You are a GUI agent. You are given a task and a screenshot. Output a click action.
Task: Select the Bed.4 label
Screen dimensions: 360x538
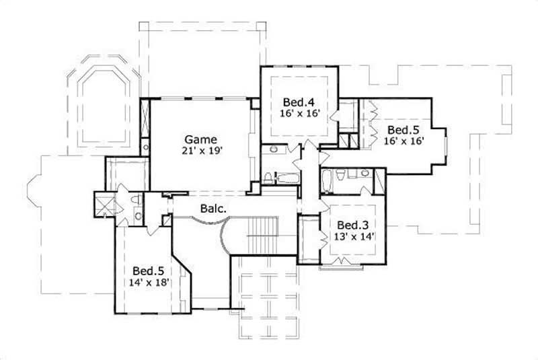[298, 102]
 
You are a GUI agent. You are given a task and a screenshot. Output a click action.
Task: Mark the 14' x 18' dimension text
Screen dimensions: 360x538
[146, 283]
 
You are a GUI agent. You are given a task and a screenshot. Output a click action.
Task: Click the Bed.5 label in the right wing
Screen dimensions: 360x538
[406, 129]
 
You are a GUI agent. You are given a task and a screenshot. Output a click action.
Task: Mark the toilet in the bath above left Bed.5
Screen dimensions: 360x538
[135, 200]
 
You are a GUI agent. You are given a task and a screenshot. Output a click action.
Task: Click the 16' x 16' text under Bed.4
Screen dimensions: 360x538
[299, 114]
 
